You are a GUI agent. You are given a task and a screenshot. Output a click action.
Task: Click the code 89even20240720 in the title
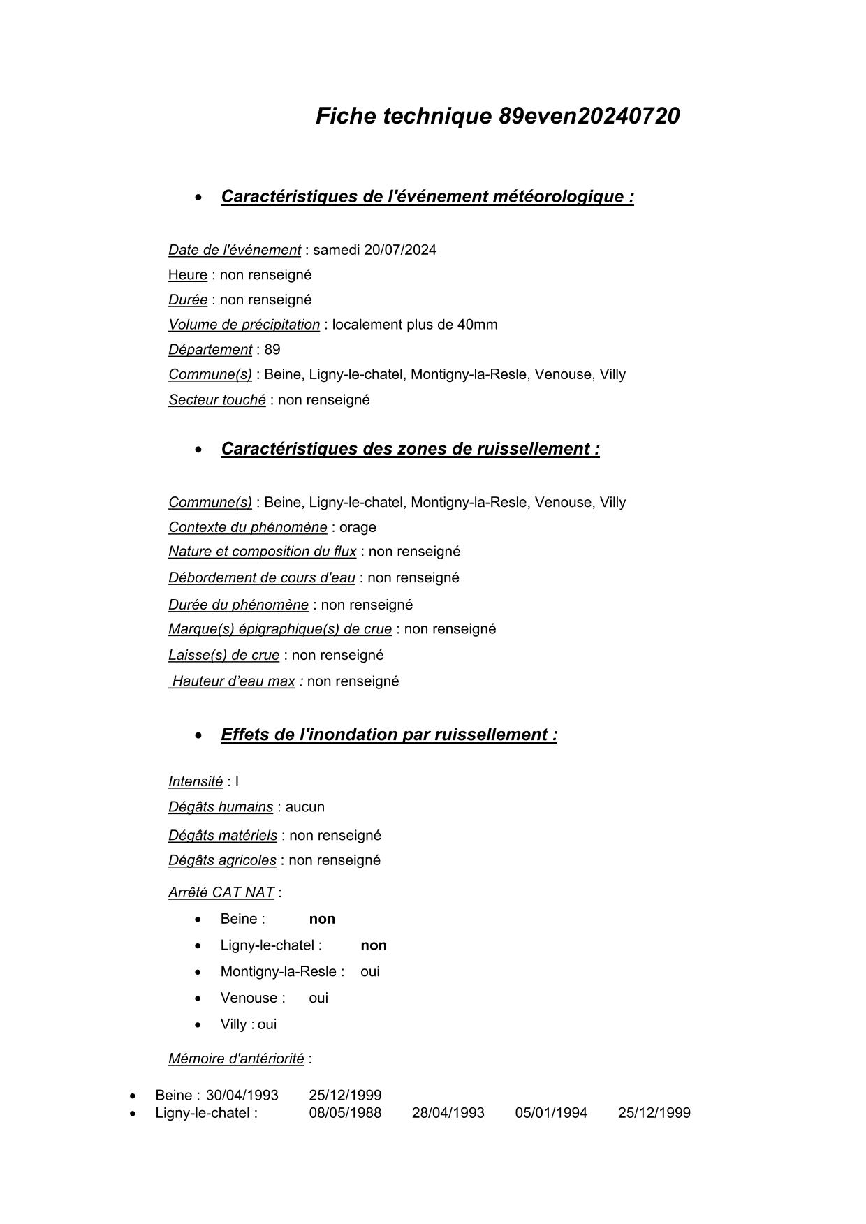tap(589, 116)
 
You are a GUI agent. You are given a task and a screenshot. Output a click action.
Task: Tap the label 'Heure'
tap(187, 275)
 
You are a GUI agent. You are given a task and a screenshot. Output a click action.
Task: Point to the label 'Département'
tap(210, 350)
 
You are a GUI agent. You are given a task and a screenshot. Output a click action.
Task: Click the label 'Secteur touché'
tap(216, 400)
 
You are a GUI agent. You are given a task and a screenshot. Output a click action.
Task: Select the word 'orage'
tap(358, 527)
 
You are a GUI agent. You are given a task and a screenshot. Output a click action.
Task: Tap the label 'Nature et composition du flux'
tap(262, 552)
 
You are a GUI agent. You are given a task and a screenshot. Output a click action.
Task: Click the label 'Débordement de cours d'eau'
tap(261, 578)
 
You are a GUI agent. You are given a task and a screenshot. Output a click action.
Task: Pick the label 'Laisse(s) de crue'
tap(223, 656)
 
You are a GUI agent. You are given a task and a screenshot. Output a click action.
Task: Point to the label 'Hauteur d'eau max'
tap(233, 681)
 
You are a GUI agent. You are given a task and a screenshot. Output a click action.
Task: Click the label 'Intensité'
tap(195, 782)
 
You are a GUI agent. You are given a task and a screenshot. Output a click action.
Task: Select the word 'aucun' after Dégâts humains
tap(304, 807)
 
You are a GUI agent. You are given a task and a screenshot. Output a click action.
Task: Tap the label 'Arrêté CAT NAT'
tap(221, 892)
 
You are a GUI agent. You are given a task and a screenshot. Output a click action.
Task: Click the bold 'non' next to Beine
tap(322, 919)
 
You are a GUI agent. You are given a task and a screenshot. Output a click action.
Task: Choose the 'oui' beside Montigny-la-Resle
tap(370, 972)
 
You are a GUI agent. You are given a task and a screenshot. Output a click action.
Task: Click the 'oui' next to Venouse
tap(318, 998)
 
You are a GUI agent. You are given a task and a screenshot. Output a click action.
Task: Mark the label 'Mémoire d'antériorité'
tap(236, 1059)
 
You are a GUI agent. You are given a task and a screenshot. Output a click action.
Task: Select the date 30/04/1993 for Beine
tap(242, 1096)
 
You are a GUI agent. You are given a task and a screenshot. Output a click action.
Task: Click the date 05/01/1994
tap(551, 1113)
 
